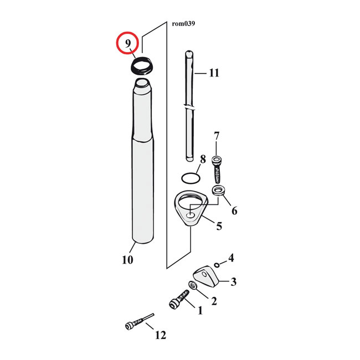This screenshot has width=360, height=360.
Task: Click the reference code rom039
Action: pos(183,23)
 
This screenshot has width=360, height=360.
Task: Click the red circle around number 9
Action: pos(127,44)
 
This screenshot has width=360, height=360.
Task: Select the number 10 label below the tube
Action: pos(127,260)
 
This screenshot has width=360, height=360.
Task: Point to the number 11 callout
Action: pos(214,73)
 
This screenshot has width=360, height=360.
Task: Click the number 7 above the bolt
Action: pos(217,136)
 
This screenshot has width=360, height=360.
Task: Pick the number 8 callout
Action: pos(203,160)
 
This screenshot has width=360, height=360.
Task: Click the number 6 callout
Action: pos(234,210)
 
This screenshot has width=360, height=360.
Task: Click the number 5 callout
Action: pos(219,226)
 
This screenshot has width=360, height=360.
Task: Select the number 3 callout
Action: pos(233,282)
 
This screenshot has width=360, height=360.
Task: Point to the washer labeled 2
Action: pos(193,286)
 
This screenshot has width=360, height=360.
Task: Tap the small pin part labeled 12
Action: pos(137,322)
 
